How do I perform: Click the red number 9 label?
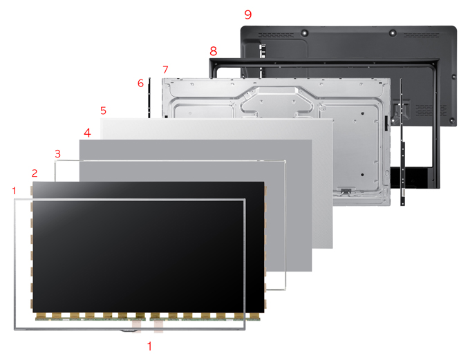(x=248, y=15)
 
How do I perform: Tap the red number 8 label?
(x=213, y=51)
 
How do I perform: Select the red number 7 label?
(x=165, y=70)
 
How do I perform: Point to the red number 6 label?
(x=140, y=84)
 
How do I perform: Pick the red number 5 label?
(x=104, y=111)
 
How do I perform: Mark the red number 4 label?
(x=87, y=133)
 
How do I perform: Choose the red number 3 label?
(x=58, y=154)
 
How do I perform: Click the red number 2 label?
(x=35, y=173)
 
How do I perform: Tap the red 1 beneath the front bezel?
(x=149, y=346)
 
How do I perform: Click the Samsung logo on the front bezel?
(x=129, y=330)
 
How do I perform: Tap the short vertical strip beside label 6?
(x=149, y=98)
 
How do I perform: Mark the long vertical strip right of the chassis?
(x=402, y=142)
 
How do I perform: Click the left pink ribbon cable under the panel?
(x=137, y=326)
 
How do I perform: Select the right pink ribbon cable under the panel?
(x=158, y=326)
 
